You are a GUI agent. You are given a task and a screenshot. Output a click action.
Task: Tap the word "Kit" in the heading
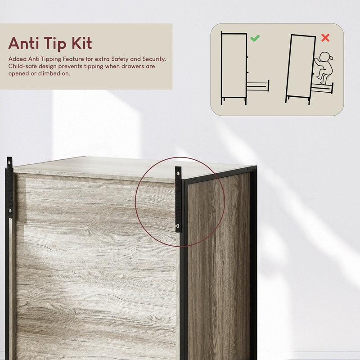pyautogui.click(x=81, y=43)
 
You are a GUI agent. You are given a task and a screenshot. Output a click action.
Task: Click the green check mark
pyautogui.click(x=255, y=38)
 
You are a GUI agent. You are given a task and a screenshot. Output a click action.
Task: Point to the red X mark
pyautogui.click(x=325, y=38)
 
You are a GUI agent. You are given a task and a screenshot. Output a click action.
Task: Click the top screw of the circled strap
pyautogui.click(x=179, y=173)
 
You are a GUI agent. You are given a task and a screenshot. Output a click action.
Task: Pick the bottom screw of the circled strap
pyautogui.click(x=179, y=226)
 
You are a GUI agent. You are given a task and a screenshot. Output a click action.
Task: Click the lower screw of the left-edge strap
pyautogui.click(x=9, y=211)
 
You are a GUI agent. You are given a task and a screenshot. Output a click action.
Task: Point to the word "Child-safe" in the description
pyautogui.click(x=23, y=66)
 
